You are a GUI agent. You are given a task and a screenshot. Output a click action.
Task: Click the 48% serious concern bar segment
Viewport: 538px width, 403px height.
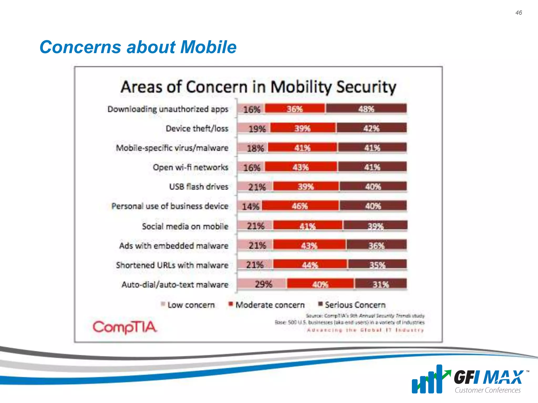tap(366, 109)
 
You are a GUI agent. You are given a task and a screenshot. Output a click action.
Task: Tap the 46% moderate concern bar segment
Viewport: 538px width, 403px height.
tap(300, 206)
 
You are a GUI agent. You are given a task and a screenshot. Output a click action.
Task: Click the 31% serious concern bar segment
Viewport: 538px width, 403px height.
tap(381, 284)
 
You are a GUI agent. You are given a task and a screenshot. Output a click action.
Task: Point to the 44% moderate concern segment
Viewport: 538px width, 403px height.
tap(310, 265)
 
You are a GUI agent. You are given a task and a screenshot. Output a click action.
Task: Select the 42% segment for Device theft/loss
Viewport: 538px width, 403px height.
tap(371, 128)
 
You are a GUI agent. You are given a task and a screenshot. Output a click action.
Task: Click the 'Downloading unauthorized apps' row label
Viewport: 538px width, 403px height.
tap(168, 109)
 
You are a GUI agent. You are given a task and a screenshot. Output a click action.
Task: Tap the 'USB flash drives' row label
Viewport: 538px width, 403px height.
tap(199, 187)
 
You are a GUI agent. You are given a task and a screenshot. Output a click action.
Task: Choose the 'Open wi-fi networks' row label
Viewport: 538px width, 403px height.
tap(190, 167)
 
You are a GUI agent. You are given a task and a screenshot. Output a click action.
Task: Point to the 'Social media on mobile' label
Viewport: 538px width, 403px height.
tap(185, 226)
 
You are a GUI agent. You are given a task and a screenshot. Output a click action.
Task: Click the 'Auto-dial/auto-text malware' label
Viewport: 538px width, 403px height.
tap(175, 285)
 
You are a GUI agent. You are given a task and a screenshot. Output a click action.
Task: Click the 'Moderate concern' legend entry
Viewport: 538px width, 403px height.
tap(267, 305)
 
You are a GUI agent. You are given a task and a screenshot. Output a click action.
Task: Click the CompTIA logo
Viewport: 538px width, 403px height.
tap(125, 327)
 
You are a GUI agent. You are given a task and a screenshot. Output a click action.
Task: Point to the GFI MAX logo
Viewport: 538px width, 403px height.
tap(470, 379)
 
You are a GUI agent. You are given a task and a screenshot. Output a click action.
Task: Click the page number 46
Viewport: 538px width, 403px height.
tap(519, 13)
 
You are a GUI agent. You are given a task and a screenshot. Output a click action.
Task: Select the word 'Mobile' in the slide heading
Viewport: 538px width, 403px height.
tap(208, 47)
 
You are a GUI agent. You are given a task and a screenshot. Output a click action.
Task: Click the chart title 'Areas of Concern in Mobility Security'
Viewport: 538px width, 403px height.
tap(258, 87)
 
